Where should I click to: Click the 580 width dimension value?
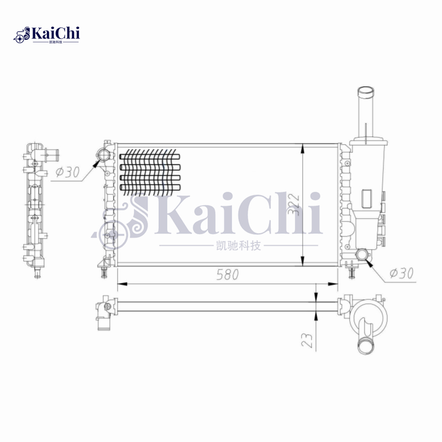tap(228, 275)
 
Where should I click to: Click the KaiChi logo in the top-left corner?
tap(47, 35)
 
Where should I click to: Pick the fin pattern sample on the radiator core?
tap(150, 171)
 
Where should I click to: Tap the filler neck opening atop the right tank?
tap(366, 91)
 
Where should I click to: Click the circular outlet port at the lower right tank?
tap(362, 255)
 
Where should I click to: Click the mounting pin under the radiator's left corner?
tap(103, 270)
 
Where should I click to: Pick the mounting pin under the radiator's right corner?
tap(352, 271)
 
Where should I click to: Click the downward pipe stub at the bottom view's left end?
tap(103, 323)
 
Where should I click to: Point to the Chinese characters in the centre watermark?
tap(238, 246)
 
